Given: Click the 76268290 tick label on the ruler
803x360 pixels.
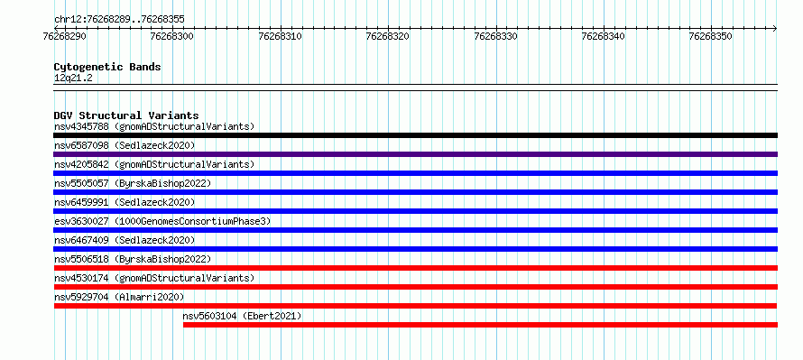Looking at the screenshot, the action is tap(65, 37).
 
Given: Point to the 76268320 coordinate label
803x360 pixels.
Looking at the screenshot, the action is tap(388, 37).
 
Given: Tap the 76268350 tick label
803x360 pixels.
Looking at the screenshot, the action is tap(710, 37).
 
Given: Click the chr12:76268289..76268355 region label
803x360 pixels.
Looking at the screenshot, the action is tap(119, 20).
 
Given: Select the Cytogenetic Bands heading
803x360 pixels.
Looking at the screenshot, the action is tap(107, 67).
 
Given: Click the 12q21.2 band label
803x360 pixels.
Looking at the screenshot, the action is tap(73, 78).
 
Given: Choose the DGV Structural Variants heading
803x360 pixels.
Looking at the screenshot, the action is tap(126, 115).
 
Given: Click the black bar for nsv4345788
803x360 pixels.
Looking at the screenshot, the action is tap(415, 135).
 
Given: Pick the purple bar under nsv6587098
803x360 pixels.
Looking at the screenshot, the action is tap(415, 154).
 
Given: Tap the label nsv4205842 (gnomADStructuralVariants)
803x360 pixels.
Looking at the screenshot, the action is tap(154, 164).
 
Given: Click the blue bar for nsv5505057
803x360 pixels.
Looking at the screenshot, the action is tap(415, 192).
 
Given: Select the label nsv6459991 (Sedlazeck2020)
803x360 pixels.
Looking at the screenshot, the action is tap(125, 202).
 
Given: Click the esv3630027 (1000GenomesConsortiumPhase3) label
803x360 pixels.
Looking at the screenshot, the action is tap(162, 221).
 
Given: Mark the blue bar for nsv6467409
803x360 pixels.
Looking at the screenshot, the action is tap(415, 249).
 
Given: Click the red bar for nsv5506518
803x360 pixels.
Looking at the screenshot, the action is tap(415, 268).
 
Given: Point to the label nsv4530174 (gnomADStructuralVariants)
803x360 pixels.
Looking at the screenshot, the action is tap(154, 278).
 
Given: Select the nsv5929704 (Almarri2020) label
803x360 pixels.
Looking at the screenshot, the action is tap(119, 297).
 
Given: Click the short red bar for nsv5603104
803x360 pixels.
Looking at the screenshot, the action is tap(480, 325).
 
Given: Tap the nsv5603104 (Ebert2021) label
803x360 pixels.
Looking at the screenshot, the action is tap(242, 316).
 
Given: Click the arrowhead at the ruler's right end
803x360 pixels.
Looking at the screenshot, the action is tap(775, 28).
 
